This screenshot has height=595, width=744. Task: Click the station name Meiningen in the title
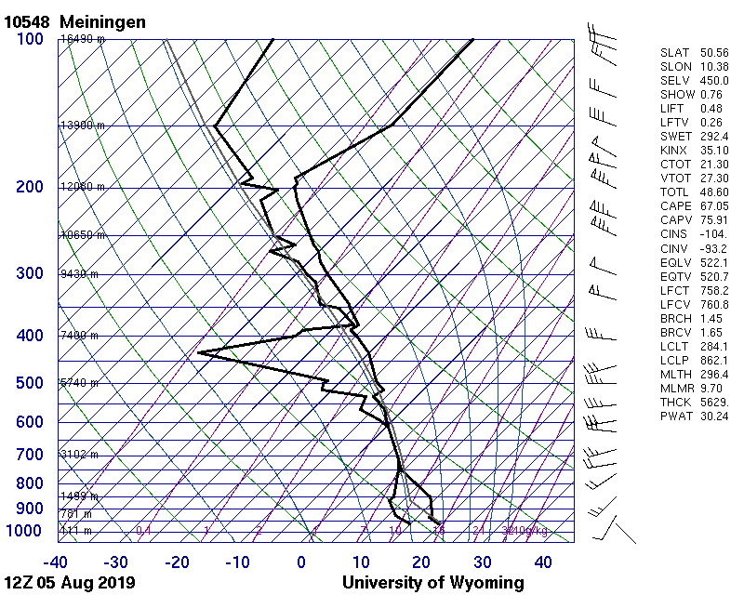(x=101, y=21)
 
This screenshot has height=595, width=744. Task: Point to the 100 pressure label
(x=30, y=39)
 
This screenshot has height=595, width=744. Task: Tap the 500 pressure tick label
(x=30, y=383)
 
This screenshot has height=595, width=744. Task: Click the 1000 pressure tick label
(x=25, y=531)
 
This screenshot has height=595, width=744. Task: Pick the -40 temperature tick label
(x=56, y=562)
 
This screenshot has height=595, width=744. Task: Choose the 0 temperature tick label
(x=301, y=562)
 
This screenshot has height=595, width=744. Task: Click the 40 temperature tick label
(x=543, y=562)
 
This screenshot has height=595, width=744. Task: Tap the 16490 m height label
(x=83, y=39)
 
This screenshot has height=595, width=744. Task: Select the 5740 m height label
(x=79, y=383)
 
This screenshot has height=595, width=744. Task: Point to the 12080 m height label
(x=83, y=187)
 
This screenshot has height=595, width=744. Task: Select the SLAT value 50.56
(x=713, y=52)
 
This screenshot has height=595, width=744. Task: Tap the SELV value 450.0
(x=713, y=80)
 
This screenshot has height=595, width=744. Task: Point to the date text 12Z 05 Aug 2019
(x=70, y=583)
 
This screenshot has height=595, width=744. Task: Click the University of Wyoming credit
(x=432, y=583)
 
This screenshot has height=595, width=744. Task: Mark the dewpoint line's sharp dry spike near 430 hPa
(x=200, y=352)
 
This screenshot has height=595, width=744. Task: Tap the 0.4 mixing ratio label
(x=143, y=531)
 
